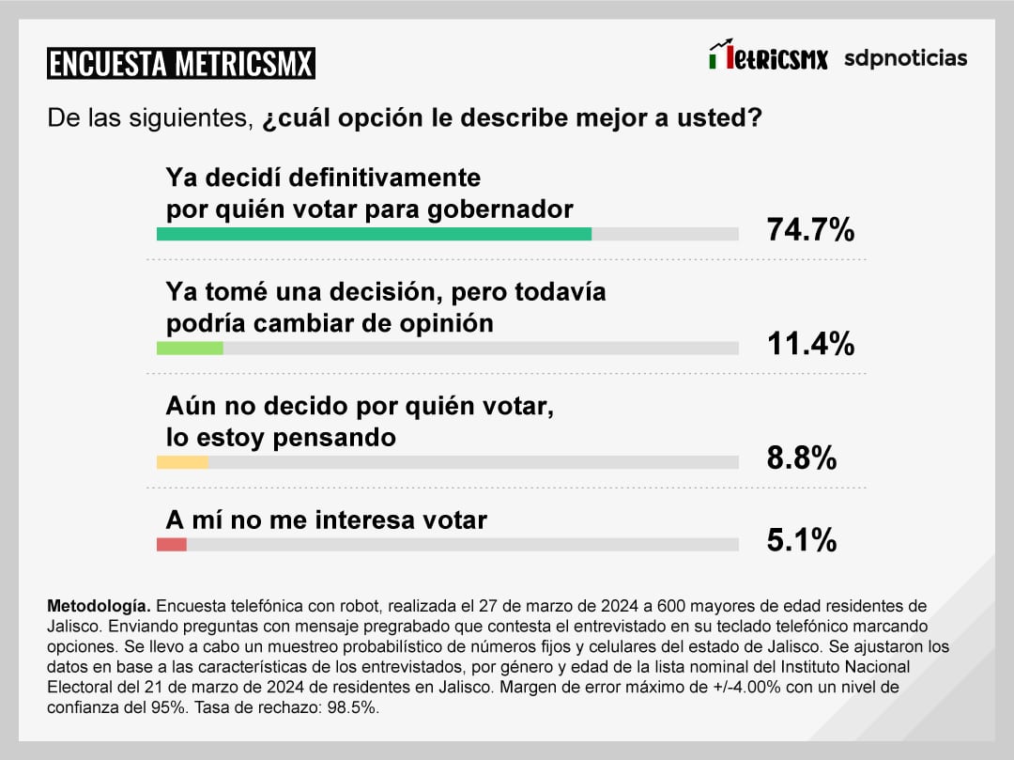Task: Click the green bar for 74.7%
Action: coord(374,234)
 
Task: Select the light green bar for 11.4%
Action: coord(190,349)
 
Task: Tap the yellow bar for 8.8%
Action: coord(182,462)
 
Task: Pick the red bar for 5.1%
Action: coord(172,545)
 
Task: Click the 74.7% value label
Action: coord(810,229)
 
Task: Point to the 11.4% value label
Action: coord(810,344)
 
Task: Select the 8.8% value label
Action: coord(801,458)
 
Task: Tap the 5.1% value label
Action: coord(801,540)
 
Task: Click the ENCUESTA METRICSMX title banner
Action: coord(181,64)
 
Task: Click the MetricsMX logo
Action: coord(769,57)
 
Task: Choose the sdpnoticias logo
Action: coord(905,58)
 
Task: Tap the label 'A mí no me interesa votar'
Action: coord(326,520)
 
